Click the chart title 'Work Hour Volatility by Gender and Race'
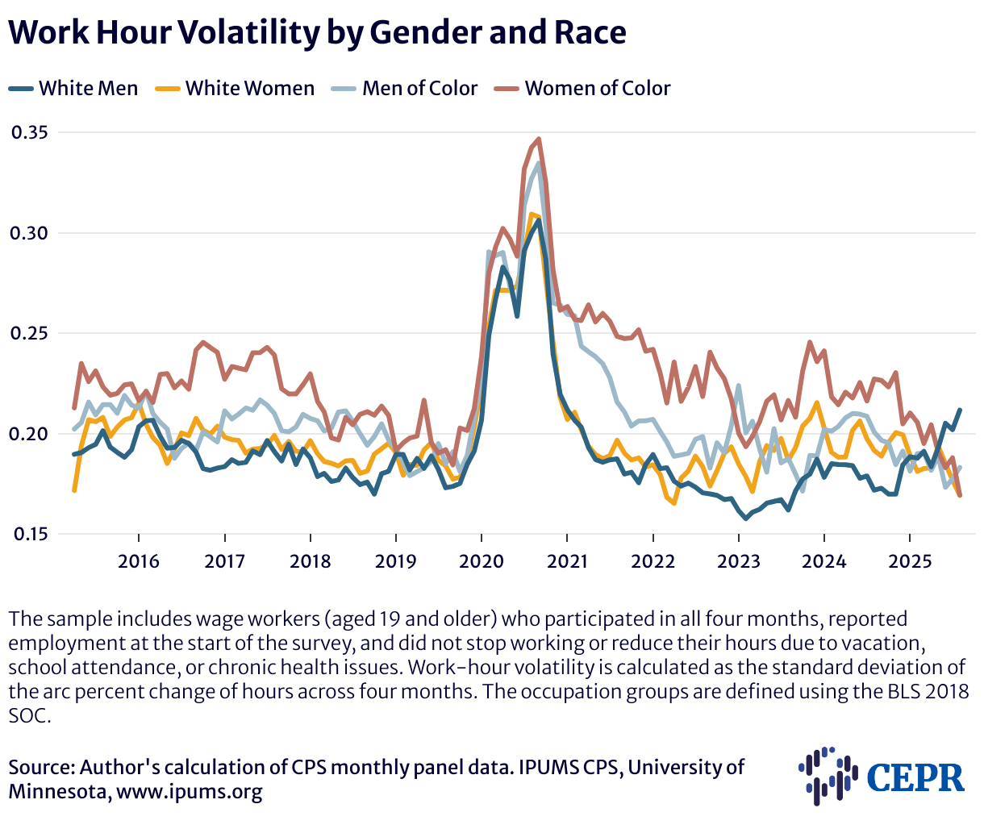(x=317, y=32)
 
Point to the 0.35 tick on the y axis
(x=30, y=132)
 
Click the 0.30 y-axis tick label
(x=30, y=233)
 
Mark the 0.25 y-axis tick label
(x=30, y=333)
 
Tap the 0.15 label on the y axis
(x=30, y=534)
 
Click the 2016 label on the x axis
(x=139, y=560)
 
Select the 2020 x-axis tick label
(x=481, y=560)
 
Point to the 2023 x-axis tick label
(x=738, y=560)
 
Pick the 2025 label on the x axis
(x=909, y=560)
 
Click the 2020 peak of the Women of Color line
(x=538, y=140)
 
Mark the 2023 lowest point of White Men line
(x=745, y=518)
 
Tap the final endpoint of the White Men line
(x=960, y=410)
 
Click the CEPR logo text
(x=915, y=777)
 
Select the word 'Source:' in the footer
(x=41, y=767)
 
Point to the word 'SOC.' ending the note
(x=30, y=715)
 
